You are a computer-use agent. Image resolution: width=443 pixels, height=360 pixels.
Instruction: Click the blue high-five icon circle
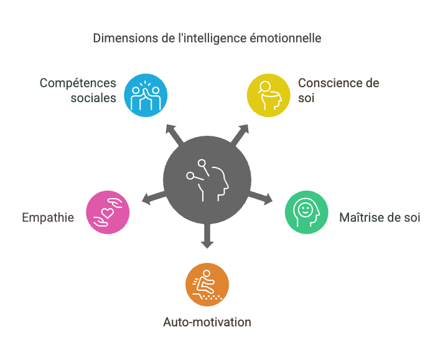(x=146, y=95)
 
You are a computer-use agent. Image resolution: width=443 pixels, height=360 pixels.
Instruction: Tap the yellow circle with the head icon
(x=269, y=95)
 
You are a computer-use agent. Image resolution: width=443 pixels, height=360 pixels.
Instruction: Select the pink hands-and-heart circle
(x=108, y=212)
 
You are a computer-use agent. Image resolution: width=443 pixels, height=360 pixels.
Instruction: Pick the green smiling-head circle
(x=307, y=212)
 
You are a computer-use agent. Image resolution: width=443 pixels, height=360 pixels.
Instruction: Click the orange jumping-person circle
(x=207, y=285)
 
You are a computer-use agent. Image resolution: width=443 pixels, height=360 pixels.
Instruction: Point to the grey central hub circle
(x=207, y=180)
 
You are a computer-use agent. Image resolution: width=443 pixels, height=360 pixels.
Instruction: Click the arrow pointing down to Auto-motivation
(x=207, y=236)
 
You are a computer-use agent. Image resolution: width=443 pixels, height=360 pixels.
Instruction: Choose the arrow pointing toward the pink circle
(x=154, y=197)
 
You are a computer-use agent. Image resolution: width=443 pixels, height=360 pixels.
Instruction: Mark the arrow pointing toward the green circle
(x=261, y=197)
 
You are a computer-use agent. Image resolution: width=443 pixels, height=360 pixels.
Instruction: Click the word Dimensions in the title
(x=126, y=38)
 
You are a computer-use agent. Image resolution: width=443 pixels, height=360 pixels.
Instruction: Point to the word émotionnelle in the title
(x=286, y=38)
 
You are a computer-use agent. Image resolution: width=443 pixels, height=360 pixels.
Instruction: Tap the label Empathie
(x=48, y=218)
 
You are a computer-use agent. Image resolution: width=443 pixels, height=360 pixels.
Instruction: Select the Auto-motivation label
(x=207, y=322)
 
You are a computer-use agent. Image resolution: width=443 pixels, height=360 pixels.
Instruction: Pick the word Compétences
(x=78, y=83)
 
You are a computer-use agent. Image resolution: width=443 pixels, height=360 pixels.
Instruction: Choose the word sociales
(x=93, y=98)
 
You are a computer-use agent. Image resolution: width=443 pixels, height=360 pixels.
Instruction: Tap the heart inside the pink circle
(x=108, y=212)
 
